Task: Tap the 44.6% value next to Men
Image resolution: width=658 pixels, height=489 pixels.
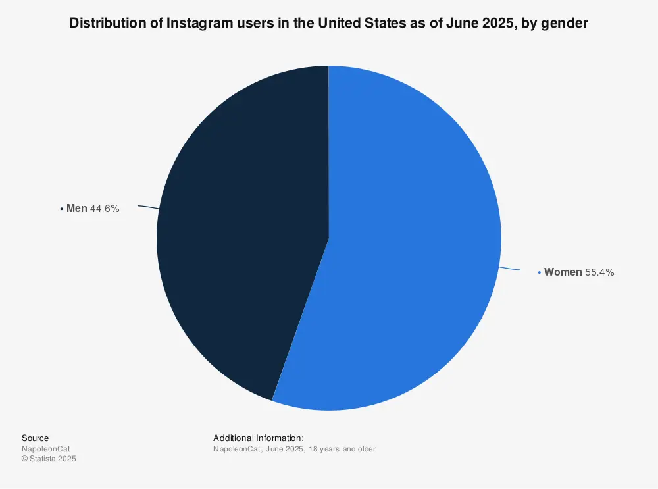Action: click(x=105, y=209)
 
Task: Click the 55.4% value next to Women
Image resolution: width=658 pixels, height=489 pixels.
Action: click(x=599, y=272)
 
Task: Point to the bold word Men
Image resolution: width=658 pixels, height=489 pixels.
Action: click(x=76, y=209)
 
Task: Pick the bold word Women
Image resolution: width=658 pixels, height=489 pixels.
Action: click(x=563, y=272)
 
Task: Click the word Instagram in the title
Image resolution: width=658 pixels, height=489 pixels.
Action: click(x=198, y=24)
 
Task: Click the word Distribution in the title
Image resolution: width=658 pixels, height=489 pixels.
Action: click(x=102, y=24)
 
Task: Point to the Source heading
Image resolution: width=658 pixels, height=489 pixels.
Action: click(x=35, y=438)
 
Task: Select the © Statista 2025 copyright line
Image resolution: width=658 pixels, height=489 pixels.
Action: click(x=49, y=459)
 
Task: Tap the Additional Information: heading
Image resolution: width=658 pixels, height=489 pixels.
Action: click(x=259, y=438)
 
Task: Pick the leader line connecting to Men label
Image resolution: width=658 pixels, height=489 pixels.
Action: click(x=148, y=207)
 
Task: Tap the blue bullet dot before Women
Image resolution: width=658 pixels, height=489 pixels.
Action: click(x=540, y=272)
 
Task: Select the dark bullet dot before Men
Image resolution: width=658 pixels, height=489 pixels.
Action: click(x=62, y=209)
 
